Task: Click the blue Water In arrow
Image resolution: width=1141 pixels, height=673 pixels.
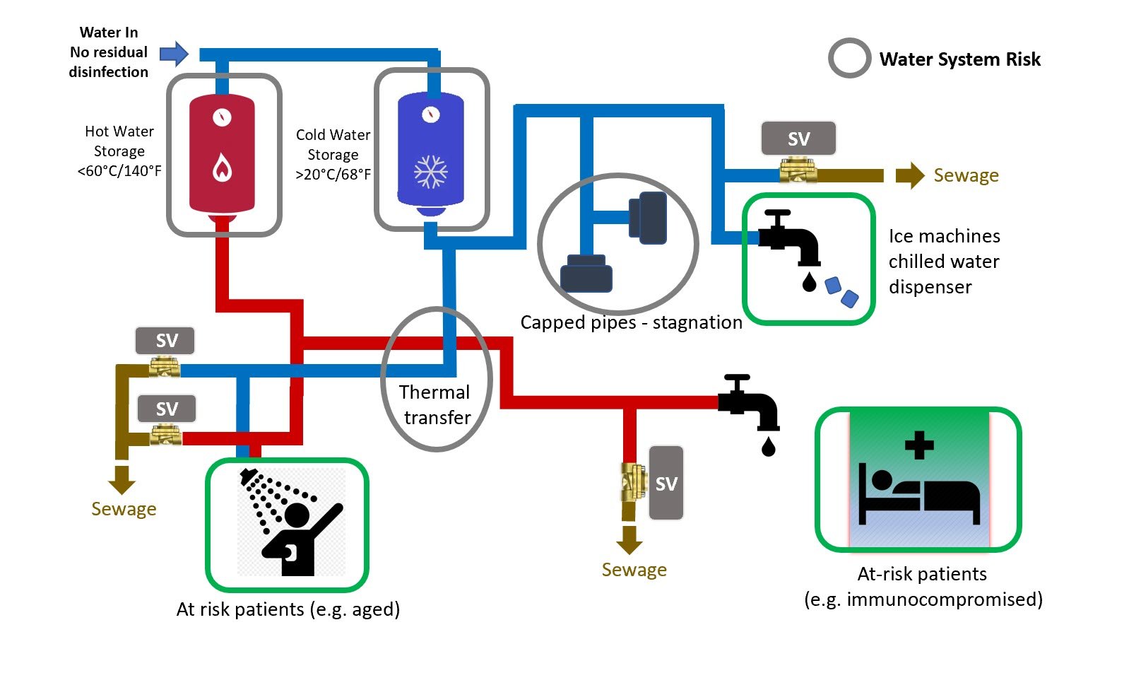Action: click(x=174, y=54)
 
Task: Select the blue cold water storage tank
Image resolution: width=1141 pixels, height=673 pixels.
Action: click(x=430, y=152)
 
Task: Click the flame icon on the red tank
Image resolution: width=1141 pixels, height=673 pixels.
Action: click(x=222, y=168)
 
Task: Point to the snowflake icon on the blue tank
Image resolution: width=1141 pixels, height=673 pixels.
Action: click(x=430, y=172)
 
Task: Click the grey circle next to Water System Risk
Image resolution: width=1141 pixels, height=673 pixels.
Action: click(x=849, y=58)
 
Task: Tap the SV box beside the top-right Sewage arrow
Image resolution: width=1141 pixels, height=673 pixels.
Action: click(x=798, y=139)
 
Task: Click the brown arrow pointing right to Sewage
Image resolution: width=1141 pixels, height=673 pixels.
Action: click(x=910, y=175)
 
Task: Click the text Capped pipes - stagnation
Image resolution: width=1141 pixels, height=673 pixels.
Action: click(x=631, y=322)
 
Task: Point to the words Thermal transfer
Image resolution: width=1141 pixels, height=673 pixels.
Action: click(x=435, y=405)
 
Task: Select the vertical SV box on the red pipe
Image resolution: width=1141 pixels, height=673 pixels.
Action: click(x=666, y=483)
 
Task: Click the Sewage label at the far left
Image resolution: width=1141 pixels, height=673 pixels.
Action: click(x=124, y=509)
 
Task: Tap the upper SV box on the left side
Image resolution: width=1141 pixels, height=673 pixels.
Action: click(x=165, y=341)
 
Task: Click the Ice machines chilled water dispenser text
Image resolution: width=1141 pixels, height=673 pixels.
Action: click(x=944, y=262)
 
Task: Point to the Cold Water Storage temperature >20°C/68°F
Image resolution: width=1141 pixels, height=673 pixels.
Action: click(x=333, y=175)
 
